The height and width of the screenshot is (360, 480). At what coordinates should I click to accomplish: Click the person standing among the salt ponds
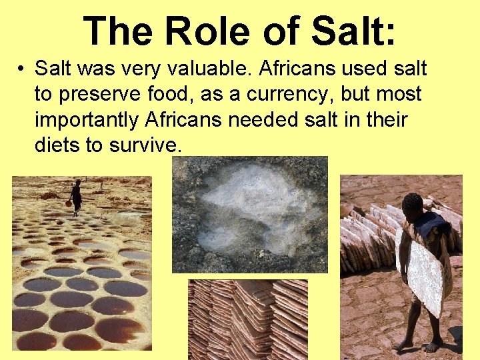77,196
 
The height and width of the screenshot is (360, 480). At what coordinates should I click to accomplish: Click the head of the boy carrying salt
413,204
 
